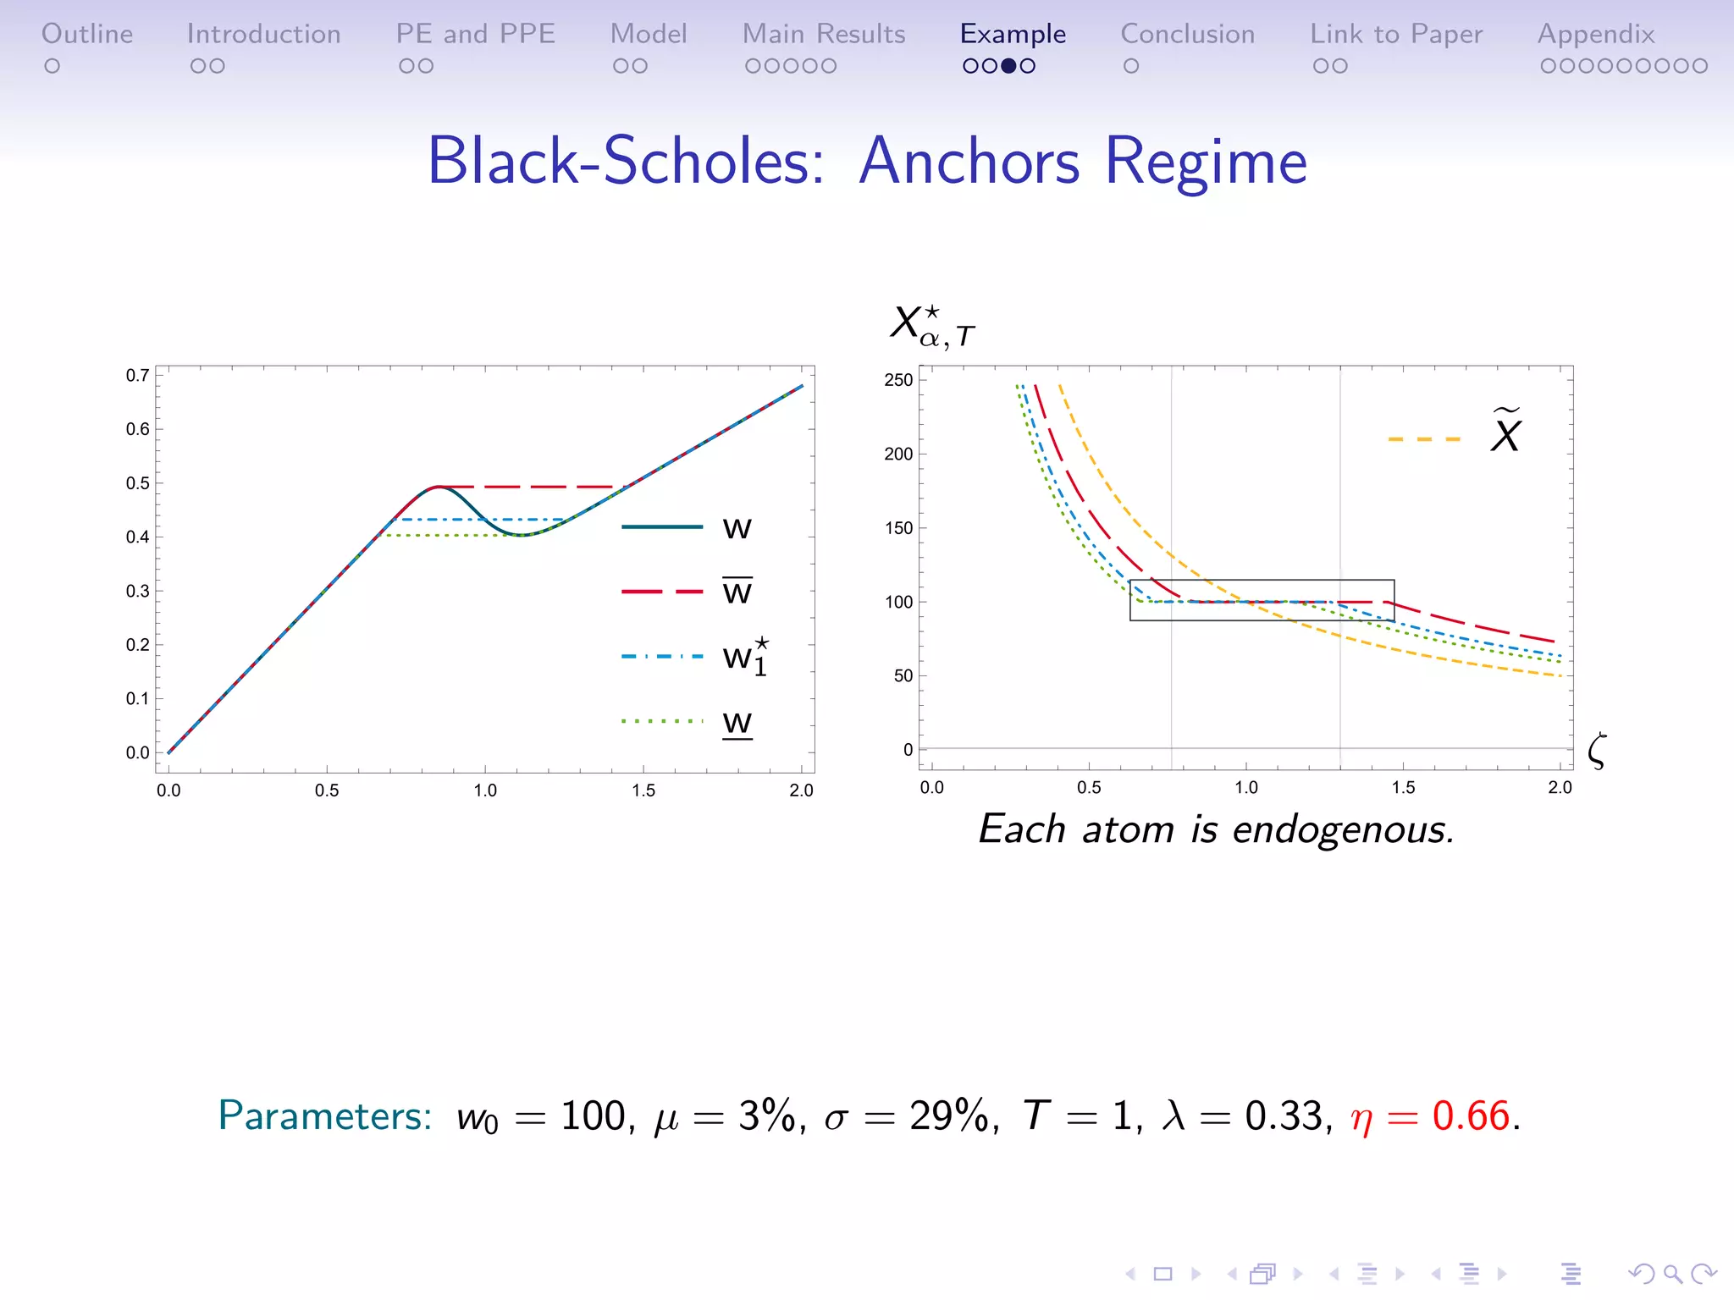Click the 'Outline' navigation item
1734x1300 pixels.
pos(87,34)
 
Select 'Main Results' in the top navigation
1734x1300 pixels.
pos(823,34)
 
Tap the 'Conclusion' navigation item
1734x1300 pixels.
pos(1187,34)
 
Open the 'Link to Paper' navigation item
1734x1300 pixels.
pos(1396,34)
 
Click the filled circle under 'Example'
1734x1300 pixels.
pos(1008,66)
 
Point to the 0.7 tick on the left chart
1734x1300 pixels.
pos(138,375)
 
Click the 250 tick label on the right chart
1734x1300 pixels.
pos(898,380)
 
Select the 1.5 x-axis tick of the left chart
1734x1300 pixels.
pos(643,790)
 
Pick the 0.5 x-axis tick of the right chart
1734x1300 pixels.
pos(1089,788)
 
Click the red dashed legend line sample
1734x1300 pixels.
pos(662,592)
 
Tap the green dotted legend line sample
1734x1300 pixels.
pos(662,721)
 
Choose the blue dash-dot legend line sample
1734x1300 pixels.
pos(662,656)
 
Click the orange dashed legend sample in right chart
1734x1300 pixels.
pos(1424,439)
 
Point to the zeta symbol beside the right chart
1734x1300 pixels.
pos(1597,751)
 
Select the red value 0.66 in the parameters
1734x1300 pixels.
pos(1471,1116)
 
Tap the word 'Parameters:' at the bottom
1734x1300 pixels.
pos(325,1116)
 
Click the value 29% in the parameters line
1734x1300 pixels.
pos(948,1116)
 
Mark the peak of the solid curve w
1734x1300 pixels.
pos(438,487)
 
